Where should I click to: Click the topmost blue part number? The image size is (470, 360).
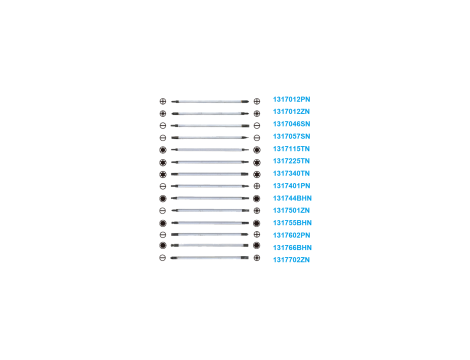coord(292,101)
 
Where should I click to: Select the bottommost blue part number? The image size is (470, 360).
coord(292,259)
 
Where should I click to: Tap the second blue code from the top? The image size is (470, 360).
coord(292,113)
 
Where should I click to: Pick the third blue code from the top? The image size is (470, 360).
coord(292,125)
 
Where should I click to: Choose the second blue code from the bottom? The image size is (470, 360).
coord(292,246)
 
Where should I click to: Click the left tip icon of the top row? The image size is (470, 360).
coord(162,101)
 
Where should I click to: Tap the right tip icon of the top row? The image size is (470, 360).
coord(258,101)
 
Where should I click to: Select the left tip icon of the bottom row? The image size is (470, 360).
coord(162,258)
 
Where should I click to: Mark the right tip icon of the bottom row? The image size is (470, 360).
coord(258,258)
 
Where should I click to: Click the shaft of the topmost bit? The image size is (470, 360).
coord(210,101)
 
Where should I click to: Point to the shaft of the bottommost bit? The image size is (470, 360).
coord(210,258)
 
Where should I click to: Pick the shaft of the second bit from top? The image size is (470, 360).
coord(210,113)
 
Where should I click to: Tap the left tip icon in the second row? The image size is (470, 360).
coord(162,113)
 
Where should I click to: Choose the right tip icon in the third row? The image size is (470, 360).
coord(258,125)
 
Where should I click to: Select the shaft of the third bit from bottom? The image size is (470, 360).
coord(210,234)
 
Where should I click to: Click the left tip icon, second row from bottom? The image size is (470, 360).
coord(162,246)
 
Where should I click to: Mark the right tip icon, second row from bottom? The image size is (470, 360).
coord(258,246)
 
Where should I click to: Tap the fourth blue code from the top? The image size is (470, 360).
coord(292,137)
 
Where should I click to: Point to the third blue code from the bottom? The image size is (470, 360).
coord(292,234)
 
